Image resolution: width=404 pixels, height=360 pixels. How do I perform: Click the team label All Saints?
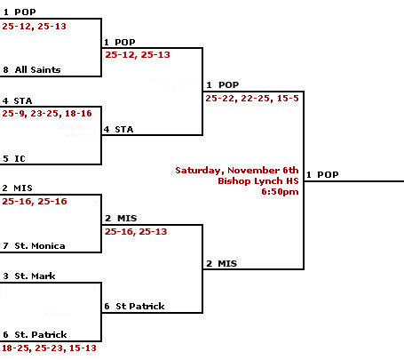tap(37, 69)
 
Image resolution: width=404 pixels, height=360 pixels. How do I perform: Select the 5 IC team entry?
tap(14, 158)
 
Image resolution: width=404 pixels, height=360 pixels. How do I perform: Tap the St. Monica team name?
tap(40, 245)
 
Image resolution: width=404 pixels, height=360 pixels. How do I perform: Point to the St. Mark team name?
tap(35, 276)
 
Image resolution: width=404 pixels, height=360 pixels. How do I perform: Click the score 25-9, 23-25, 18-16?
tap(47, 114)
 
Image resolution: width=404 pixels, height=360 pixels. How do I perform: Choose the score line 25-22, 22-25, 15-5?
tap(252, 99)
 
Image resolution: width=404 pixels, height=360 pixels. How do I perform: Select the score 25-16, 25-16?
tap(35, 202)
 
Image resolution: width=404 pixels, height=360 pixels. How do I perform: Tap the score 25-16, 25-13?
tap(136, 231)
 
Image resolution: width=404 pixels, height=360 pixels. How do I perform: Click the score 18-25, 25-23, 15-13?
tap(49, 348)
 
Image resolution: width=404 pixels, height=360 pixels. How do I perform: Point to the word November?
tap(254, 171)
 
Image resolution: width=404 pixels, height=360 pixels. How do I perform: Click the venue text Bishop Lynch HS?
tap(258, 181)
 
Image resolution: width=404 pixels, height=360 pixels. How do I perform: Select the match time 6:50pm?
tap(280, 192)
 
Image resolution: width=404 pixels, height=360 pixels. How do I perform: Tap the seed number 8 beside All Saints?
tap(5, 70)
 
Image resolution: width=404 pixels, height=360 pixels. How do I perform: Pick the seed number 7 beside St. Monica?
tap(5, 246)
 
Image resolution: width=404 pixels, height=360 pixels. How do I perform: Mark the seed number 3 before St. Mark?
tap(5, 276)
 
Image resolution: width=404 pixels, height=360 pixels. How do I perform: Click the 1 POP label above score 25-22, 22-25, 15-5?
tap(223, 85)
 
